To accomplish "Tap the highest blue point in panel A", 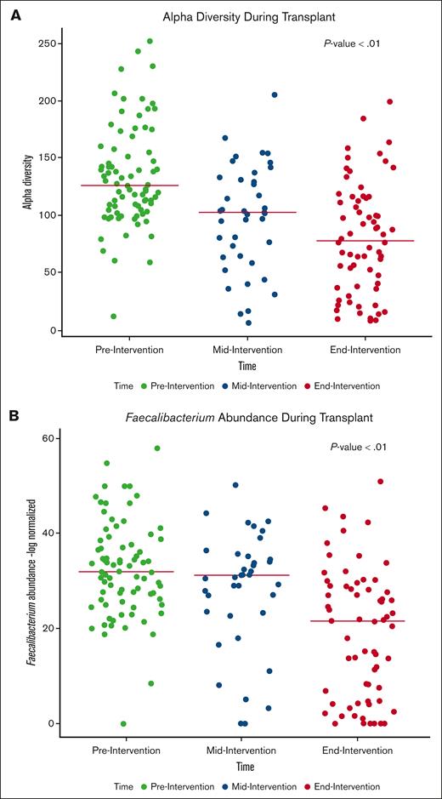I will [275, 95].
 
